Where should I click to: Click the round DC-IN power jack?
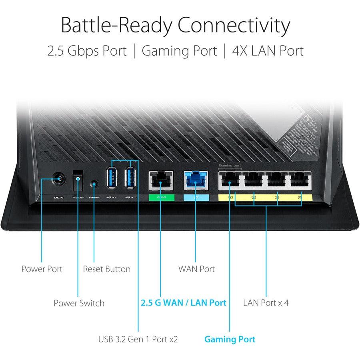point(59,178)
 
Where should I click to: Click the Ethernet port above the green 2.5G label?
point(161,181)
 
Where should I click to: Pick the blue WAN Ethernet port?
point(195,181)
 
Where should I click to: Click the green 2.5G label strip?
point(161,197)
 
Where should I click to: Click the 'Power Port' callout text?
point(42,269)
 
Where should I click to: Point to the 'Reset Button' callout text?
point(106,269)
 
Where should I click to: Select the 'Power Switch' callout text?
point(79,303)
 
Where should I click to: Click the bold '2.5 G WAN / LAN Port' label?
point(184,303)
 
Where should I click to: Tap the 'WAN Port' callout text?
point(196,269)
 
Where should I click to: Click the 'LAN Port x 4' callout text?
point(266,303)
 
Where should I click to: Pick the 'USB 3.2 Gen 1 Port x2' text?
point(138,340)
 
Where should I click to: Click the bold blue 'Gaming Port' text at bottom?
point(230,340)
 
